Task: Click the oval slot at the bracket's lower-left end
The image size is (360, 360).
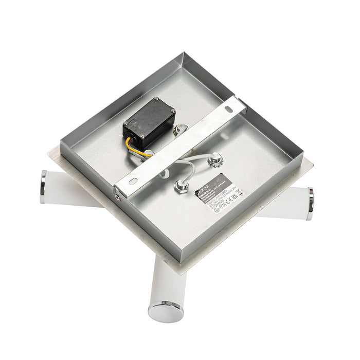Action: click(133, 181)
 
